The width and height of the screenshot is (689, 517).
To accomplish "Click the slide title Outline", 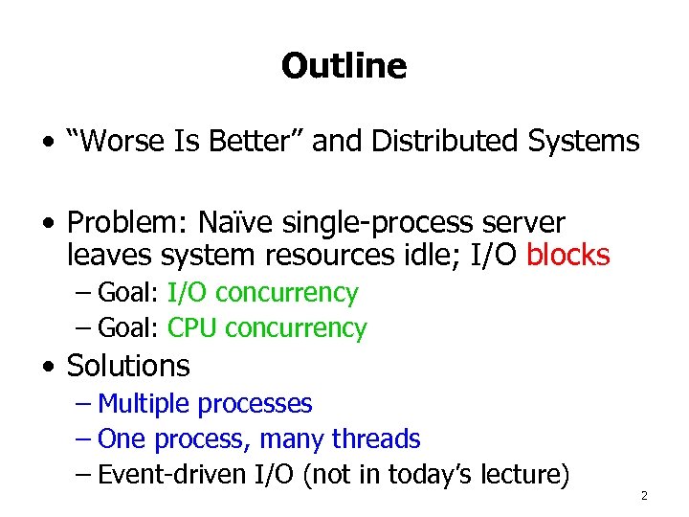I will pos(344,66).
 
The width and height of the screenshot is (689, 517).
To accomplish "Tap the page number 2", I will pos(644,496).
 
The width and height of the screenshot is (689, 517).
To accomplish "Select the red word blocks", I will pos(568,256).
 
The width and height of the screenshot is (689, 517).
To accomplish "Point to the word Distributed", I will pos(446,142).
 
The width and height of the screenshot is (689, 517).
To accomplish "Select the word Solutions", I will pos(128,366).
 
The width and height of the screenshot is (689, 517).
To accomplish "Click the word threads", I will pos(376,439).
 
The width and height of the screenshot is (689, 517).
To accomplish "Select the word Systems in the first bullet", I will pos(584,142).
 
